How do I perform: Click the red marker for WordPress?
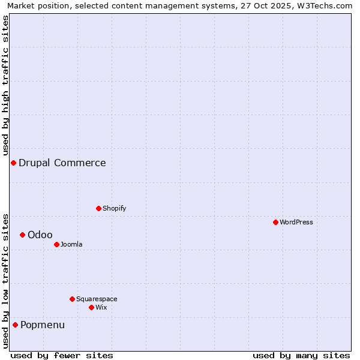click(x=275, y=222)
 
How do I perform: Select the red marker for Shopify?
click(x=98, y=208)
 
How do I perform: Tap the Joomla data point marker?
click(x=56, y=244)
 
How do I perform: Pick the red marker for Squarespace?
click(x=72, y=299)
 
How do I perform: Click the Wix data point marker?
click(x=91, y=307)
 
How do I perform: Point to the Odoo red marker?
click(x=22, y=235)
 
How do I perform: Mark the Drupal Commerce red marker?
click(x=13, y=163)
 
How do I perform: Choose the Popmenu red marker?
click(x=15, y=325)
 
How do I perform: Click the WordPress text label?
click(x=296, y=223)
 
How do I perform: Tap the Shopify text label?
click(x=114, y=209)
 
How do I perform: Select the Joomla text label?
click(x=71, y=245)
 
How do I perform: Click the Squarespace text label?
click(x=97, y=299)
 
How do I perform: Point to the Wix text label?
click(x=101, y=308)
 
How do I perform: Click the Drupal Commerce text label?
click(x=62, y=163)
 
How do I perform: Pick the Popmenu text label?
click(x=43, y=325)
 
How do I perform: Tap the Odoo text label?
click(x=40, y=235)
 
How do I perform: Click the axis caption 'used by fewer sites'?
click(x=62, y=355)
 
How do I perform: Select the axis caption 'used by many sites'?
click(x=301, y=355)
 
